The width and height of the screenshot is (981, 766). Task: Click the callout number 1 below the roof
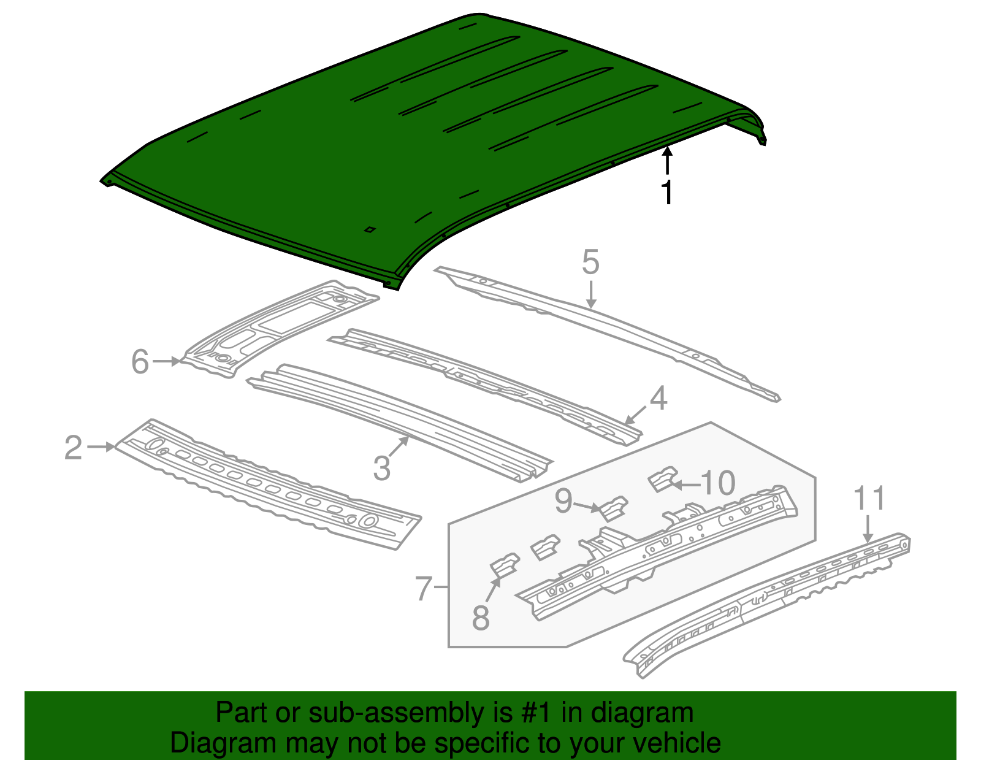(x=667, y=193)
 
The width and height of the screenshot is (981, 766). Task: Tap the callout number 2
(x=73, y=448)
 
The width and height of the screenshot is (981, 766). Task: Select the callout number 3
(x=381, y=469)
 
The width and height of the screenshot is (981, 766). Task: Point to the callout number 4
(x=658, y=399)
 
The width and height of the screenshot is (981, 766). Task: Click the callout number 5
(x=590, y=262)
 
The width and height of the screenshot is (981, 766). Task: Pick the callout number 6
(x=140, y=362)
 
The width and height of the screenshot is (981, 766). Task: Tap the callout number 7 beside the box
(x=424, y=589)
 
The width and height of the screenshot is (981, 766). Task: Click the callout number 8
(x=481, y=618)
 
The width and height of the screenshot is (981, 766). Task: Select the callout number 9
(x=563, y=501)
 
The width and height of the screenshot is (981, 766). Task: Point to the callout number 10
(x=717, y=483)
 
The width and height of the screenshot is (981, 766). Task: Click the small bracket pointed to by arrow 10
(x=662, y=478)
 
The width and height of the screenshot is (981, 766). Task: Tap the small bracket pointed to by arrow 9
(x=614, y=508)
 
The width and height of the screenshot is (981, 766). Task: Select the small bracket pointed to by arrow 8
(x=504, y=565)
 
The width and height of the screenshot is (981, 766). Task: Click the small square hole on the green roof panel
(x=370, y=230)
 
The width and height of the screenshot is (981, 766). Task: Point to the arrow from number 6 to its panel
(x=167, y=362)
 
